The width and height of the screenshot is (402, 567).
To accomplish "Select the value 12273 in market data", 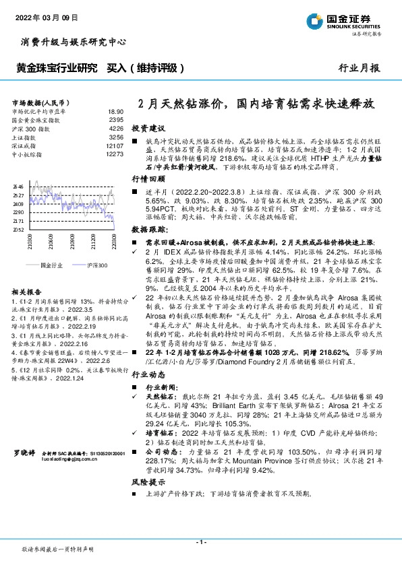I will coord(115,154).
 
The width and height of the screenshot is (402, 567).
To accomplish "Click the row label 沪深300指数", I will coord(31,128).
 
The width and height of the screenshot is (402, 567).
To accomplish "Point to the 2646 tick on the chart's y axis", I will coord(18,187).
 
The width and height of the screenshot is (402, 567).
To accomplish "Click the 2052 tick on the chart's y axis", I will coord(18,230).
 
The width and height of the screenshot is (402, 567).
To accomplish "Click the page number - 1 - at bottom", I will coord(200,542).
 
